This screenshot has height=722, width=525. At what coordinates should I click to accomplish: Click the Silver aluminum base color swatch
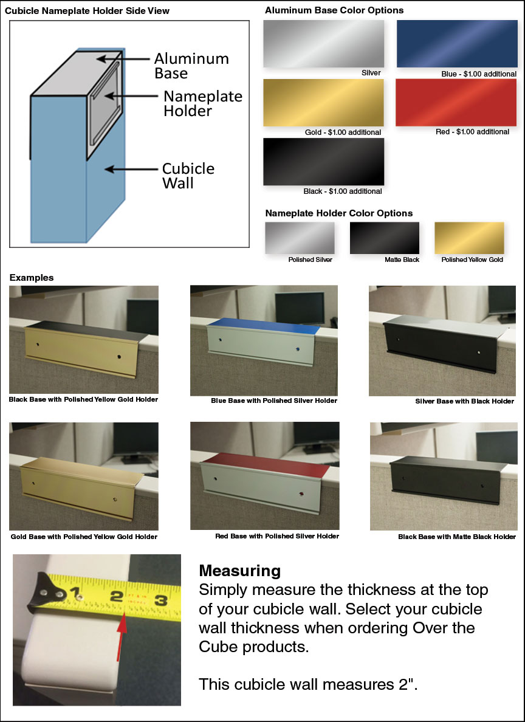click(x=323, y=44)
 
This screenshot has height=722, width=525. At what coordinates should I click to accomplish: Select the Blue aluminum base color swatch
click(x=456, y=44)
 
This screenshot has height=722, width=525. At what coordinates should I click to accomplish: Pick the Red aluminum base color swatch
click(x=456, y=102)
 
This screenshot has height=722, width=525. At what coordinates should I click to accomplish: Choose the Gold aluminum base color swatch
click(x=323, y=102)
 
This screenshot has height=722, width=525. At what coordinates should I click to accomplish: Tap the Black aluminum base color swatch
click(x=323, y=161)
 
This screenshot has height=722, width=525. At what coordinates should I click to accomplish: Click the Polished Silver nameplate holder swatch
click(x=300, y=238)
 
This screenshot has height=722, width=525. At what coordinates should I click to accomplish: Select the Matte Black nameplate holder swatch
click(x=384, y=238)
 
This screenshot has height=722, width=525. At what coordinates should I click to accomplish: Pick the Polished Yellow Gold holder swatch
click(x=469, y=238)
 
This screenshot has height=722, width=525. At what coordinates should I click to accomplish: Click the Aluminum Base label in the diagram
click(x=191, y=66)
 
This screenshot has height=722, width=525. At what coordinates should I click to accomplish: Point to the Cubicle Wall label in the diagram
click(x=188, y=176)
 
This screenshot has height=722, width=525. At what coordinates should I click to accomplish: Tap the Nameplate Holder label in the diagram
click(x=202, y=103)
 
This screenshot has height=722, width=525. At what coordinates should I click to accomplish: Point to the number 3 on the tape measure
click(x=160, y=600)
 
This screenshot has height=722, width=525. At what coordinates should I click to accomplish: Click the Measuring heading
click(x=239, y=571)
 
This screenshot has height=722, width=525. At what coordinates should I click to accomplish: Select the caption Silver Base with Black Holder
click(x=464, y=401)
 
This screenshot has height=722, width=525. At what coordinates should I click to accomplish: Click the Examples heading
click(x=32, y=278)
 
